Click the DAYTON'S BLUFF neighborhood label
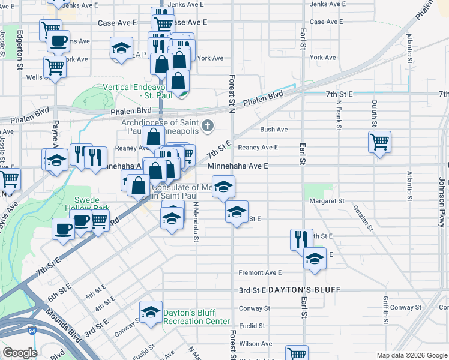[x=304, y=290]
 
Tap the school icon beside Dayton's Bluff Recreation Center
[x=151, y=312]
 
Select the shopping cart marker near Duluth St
[x=379, y=143]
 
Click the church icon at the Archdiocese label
[x=208, y=125]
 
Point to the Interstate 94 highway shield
[x=31, y=331]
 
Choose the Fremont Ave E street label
[x=260, y=272]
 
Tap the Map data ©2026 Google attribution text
[x=411, y=355]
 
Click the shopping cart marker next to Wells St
[x=55, y=68]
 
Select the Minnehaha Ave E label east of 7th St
[x=237, y=165]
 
